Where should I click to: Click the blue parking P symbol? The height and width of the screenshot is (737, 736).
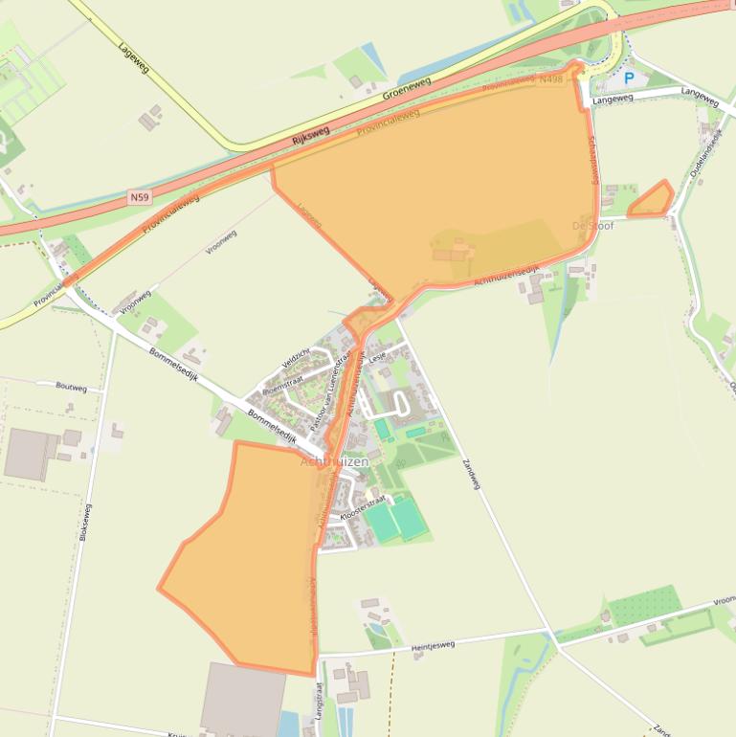(x=629, y=78)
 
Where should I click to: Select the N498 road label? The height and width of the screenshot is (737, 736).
(x=550, y=79)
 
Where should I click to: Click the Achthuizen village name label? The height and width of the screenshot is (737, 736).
(x=334, y=462)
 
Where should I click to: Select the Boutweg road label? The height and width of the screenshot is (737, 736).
(x=72, y=389)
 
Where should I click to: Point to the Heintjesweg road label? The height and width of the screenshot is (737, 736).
(x=433, y=646)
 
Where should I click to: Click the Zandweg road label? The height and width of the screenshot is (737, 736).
(x=470, y=474)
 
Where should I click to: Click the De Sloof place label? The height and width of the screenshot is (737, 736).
(x=592, y=227)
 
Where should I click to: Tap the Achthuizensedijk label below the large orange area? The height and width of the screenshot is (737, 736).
(x=506, y=275)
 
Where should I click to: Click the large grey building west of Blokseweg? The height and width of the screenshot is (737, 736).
(x=32, y=454)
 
